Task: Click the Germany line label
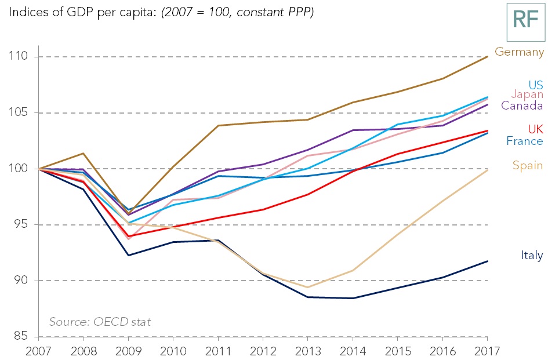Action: [x=519, y=52]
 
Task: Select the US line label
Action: [x=535, y=85]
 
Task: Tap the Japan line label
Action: [x=527, y=94]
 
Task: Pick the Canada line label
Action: [x=522, y=106]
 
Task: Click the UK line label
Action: [x=535, y=129]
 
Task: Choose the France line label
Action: [x=524, y=141]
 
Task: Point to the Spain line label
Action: [x=527, y=165]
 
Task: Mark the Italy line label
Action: [x=531, y=255]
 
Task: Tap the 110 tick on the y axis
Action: [x=19, y=57]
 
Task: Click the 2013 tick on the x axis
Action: [x=307, y=351]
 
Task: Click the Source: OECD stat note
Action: [x=100, y=322]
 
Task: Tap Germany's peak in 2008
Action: [x=83, y=154]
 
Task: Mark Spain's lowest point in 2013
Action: [x=307, y=287]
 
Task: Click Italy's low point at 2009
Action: [x=128, y=255]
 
